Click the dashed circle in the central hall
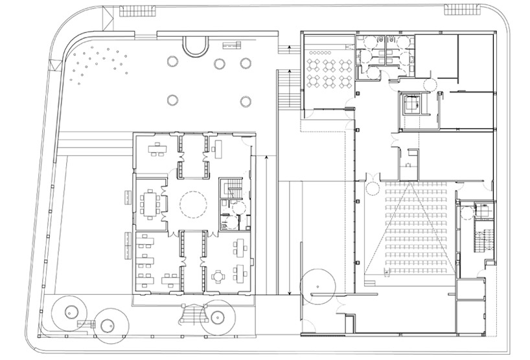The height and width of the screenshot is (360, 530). (192, 204)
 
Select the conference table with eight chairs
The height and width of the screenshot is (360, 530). (152, 204)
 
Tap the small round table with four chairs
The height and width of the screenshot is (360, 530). (216, 275)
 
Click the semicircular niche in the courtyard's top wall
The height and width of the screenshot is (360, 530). (196, 45)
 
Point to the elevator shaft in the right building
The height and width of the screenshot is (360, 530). (411, 104)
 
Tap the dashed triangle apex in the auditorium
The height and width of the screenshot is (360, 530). (410, 184)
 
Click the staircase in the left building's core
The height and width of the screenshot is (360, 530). (232, 190)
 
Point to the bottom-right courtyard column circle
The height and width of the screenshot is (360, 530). (246, 101)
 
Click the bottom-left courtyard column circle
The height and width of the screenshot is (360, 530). (172, 100)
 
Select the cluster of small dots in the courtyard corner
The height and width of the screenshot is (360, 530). (97, 64)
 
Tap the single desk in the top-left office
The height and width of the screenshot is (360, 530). (156, 149)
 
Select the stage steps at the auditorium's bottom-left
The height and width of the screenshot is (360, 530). (370, 279)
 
